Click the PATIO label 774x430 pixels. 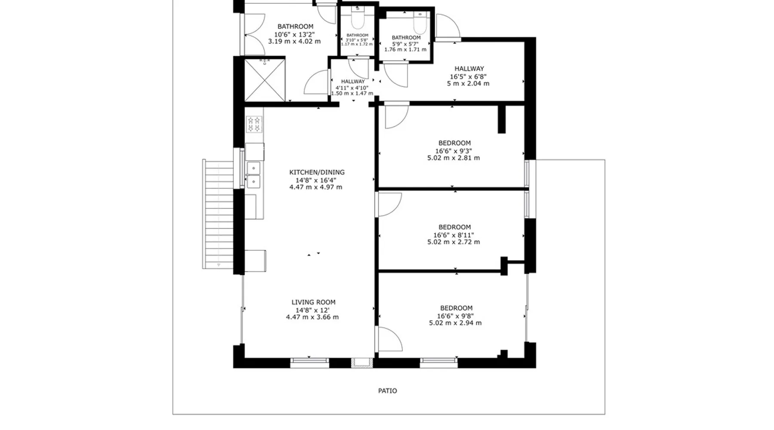(x=387, y=391)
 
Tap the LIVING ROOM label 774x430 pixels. (x=313, y=302)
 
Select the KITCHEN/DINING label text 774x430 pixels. (x=317, y=172)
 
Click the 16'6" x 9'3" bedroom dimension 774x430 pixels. (x=454, y=151)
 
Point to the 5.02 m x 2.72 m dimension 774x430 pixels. (x=454, y=242)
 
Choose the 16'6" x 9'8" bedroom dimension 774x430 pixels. (x=455, y=316)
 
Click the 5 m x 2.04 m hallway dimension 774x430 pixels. (x=468, y=83)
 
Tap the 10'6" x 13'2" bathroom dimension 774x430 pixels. (x=295, y=34)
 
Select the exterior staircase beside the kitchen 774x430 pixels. (x=218, y=214)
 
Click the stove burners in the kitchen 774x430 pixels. (x=254, y=124)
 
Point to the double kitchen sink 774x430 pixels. (x=254, y=175)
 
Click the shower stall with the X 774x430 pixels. (x=265, y=80)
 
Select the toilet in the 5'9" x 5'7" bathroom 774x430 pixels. (x=420, y=20)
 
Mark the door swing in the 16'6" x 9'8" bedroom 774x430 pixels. (x=390, y=339)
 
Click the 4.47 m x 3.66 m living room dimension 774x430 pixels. (x=313, y=317)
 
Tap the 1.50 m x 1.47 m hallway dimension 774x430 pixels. (x=352, y=93)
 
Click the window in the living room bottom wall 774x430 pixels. (x=310, y=363)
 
